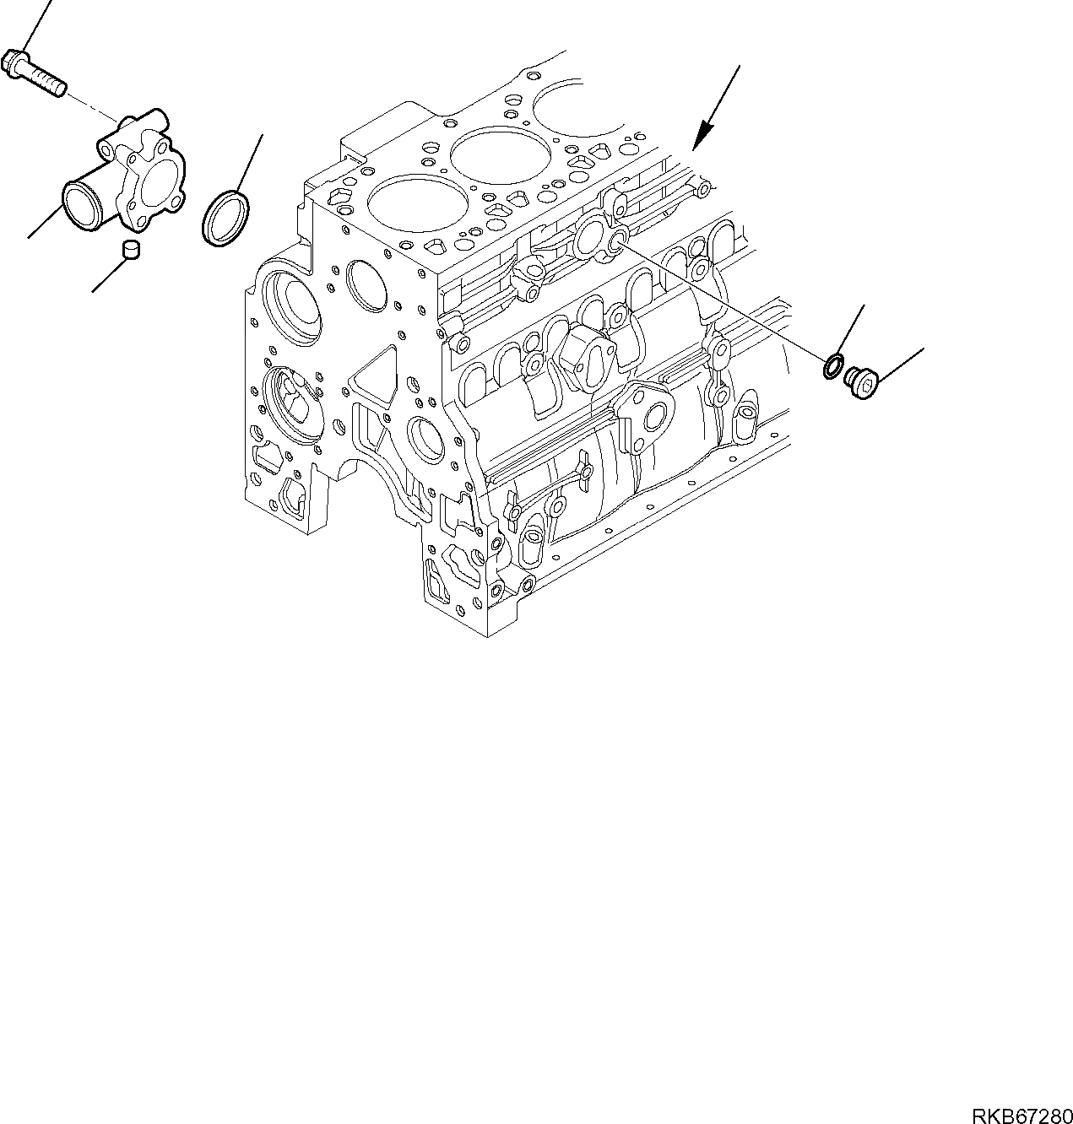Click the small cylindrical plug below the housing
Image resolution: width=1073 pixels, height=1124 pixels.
131,249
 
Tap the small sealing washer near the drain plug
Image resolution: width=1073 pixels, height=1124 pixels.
832,367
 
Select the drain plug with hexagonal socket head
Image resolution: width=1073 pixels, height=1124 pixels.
861,381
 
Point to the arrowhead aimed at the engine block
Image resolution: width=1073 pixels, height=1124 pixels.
702,134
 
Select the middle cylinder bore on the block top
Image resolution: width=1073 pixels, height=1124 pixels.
489,154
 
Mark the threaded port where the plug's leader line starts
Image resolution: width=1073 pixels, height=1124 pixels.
617,241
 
